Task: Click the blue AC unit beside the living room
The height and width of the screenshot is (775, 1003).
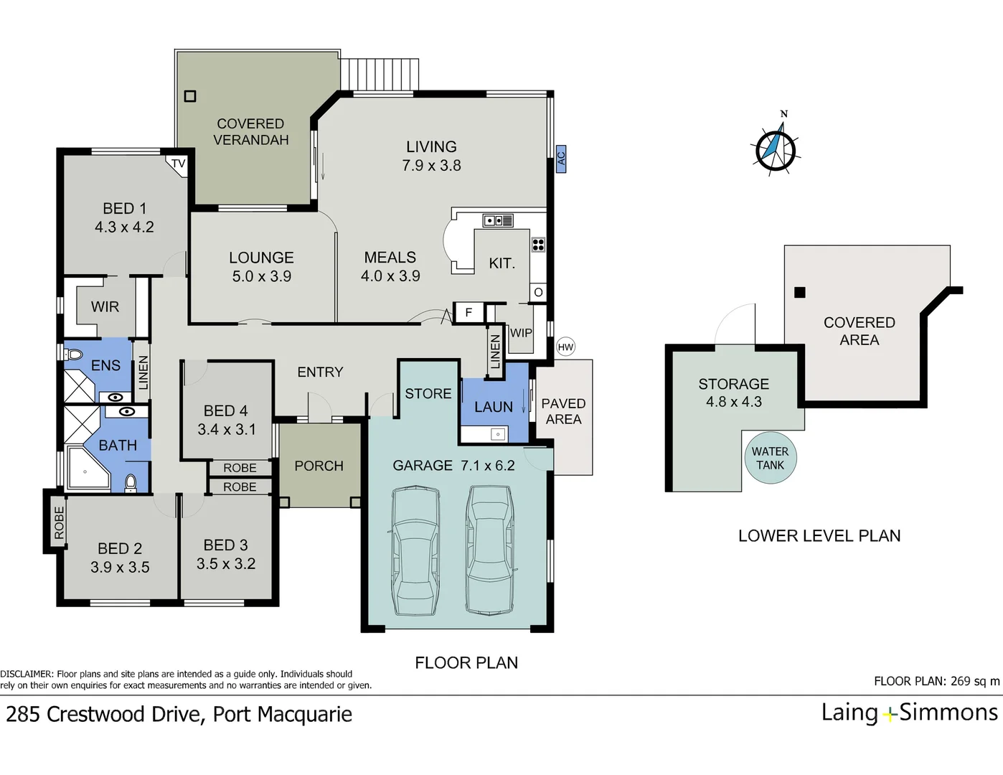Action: click(560, 159)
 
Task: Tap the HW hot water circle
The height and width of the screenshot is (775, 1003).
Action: click(565, 347)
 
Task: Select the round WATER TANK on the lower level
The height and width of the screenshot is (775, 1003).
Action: click(771, 458)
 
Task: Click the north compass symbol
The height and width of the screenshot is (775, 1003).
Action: click(776, 147)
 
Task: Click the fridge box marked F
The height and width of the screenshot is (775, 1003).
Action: click(469, 312)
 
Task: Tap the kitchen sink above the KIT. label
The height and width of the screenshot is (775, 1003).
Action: click(498, 220)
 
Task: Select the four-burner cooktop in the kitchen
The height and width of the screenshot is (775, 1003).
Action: click(538, 245)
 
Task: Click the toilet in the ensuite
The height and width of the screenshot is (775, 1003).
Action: click(73, 354)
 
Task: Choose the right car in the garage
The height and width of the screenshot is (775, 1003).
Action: click(489, 550)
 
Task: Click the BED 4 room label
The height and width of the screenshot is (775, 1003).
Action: click(226, 410)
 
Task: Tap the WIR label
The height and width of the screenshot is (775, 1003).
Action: click(105, 306)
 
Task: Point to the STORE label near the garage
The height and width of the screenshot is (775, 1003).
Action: click(428, 393)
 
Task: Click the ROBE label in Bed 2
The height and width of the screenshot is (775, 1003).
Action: click(59, 523)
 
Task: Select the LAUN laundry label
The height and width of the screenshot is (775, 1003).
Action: click(494, 407)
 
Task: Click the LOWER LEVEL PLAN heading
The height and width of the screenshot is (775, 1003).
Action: click(819, 535)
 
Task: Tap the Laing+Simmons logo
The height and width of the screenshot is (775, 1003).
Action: click(909, 713)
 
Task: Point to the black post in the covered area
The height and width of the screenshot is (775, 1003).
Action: click(800, 292)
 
